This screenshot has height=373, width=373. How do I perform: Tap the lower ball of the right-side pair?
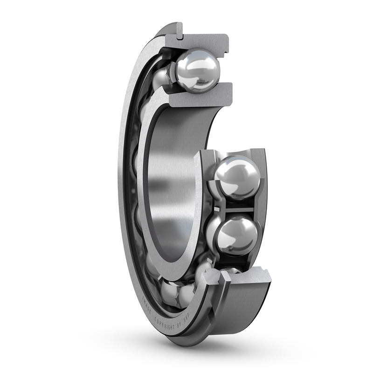click(237, 235)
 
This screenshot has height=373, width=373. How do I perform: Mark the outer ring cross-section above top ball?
click(205, 42)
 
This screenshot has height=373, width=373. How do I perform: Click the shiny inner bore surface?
click(170, 186)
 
